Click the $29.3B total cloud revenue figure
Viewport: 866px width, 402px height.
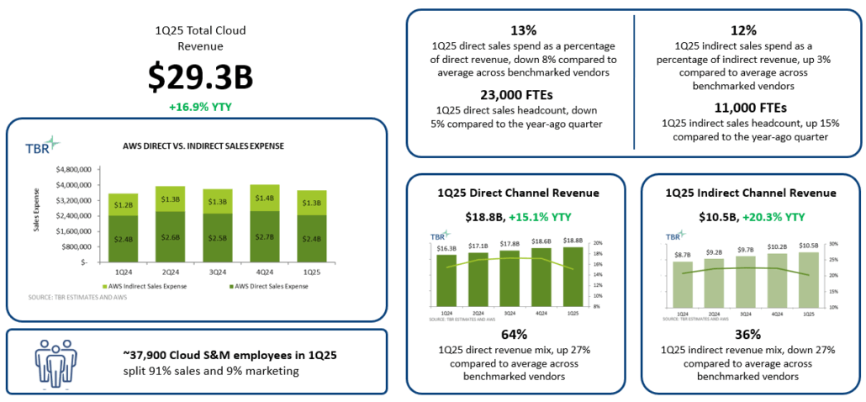pyautogui.click(x=200, y=77)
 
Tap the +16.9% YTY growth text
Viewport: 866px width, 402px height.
pyautogui.click(x=200, y=107)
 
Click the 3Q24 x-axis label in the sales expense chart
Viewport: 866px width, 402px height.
pyautogui.click(x=218, y=272)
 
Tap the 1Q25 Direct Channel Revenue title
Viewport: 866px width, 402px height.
pyautogui.click(x=516, y=193)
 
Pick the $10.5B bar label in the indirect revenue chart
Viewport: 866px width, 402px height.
pyautogui.click(x=808, y=246)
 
